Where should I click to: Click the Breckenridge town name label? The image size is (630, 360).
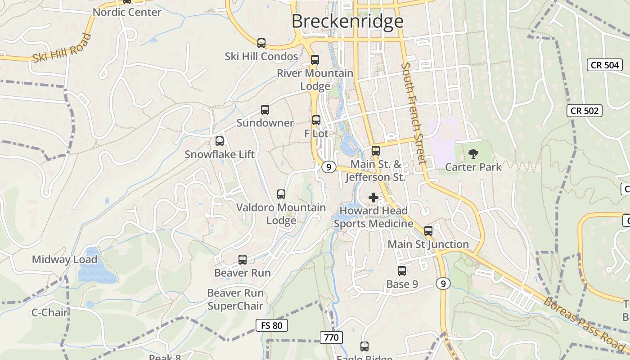tap(347, 21)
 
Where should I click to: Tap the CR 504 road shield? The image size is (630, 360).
tap(605, 65)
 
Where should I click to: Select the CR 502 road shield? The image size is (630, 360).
tap(584, 111)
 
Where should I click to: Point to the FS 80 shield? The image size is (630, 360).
tap(271, 325)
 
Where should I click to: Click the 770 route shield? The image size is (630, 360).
tap(332, 337)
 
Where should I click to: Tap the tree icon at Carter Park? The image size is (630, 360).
tap(473, 154)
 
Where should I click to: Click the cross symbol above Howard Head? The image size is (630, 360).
tap(373, 197)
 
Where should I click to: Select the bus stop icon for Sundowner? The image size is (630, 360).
tap(265, 110)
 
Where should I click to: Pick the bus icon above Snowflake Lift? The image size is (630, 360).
tap(220, 141)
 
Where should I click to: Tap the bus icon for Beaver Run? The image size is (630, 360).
tap(243, 260)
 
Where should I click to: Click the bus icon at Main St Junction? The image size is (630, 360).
tap(428, 231)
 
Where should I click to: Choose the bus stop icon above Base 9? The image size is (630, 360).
tap(402, 271)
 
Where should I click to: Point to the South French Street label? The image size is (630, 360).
tap(414, 113)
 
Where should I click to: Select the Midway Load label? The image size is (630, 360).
tap(64, 260)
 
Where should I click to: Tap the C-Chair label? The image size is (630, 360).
tap(49, 312)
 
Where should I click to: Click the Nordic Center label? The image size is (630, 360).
tap(127, 12)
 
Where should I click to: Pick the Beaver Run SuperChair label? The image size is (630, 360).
tap(235, 300)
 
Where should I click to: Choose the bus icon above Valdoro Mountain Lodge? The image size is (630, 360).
tap(281, 194)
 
